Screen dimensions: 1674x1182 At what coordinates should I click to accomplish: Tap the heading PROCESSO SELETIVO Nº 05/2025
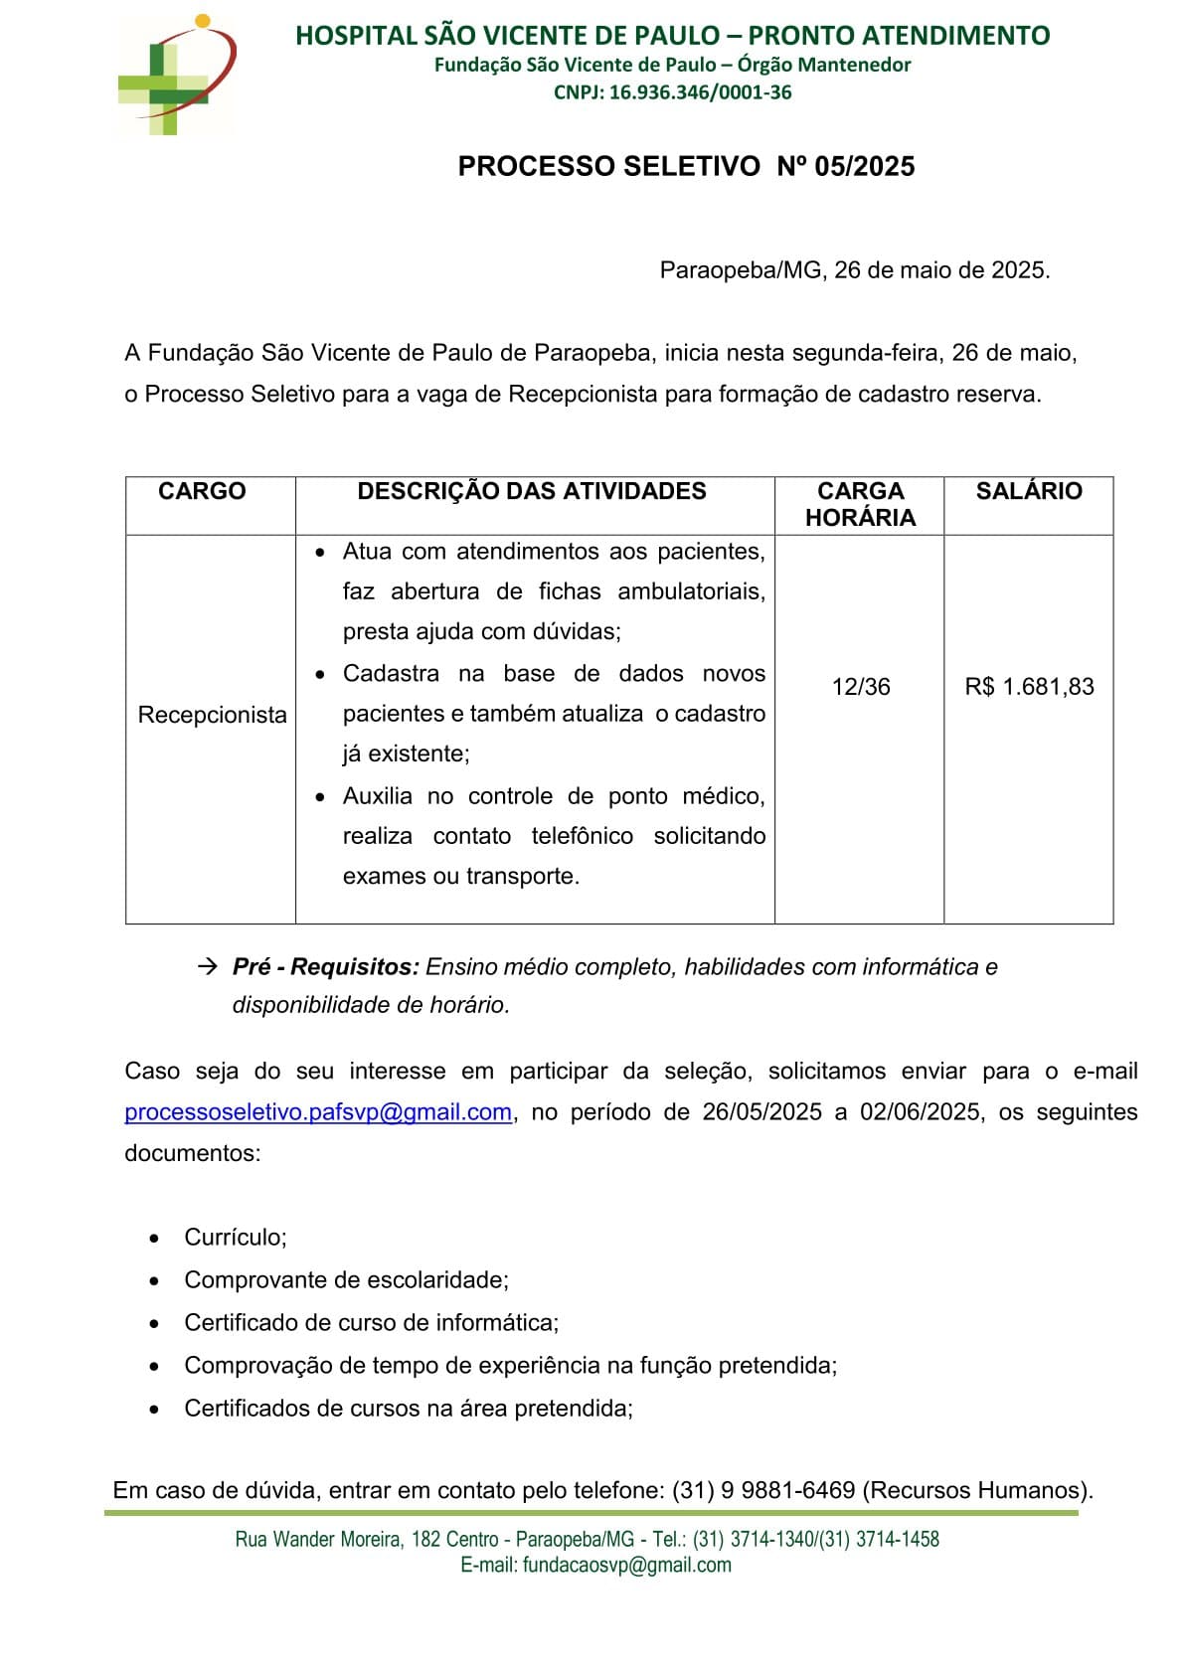point(686,166)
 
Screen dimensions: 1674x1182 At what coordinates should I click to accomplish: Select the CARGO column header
point(202,491)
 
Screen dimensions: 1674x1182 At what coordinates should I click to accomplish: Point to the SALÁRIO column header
point(1028,491)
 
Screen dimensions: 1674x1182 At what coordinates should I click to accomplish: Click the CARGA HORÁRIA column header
point(860,504)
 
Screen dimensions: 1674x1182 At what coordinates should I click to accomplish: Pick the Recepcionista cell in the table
point(212,715)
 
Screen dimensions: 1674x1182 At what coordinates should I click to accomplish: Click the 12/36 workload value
point(861,687)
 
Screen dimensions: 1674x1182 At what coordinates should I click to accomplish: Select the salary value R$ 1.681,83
point(1029,687)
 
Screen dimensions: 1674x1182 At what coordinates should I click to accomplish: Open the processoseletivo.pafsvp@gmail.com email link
point(318,1112)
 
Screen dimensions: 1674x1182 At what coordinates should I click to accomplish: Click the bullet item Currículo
point(236,1238)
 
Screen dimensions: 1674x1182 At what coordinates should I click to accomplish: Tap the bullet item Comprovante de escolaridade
point(346,1280)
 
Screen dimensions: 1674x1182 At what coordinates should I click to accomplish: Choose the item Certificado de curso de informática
point(372,1323)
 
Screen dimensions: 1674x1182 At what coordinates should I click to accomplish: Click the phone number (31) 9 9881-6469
point(763,1490)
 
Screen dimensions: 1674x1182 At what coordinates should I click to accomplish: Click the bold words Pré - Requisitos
point(325,967)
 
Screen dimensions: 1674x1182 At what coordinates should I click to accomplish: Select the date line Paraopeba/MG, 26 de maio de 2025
point(855,270)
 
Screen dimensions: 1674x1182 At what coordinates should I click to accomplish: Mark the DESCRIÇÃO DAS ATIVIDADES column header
point(532,491)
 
